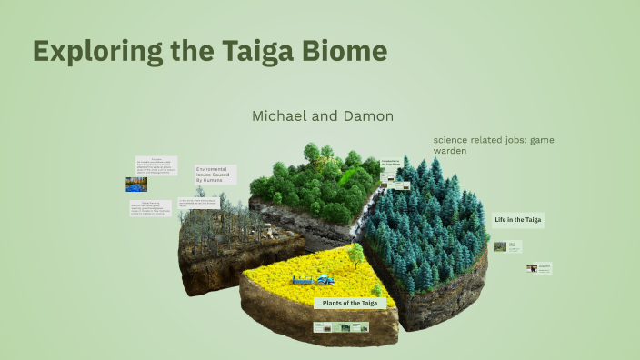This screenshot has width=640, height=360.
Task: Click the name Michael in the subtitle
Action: click(x=284, y=116)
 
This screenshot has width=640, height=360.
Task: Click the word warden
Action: click(x=450, y=151)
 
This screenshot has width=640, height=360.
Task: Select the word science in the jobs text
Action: click(x=455, y=140)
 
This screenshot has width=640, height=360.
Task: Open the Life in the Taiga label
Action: click(x=517, y=220)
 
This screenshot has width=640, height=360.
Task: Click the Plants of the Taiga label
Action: click(x=350, y=303)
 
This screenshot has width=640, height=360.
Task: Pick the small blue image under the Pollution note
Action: click(x=136, y=184)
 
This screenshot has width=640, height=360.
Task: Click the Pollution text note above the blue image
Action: click(x=155, y=165)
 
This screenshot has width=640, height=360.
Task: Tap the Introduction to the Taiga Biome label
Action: click(x=391, y=164)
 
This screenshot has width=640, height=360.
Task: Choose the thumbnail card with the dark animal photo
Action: click(x=538, y=268)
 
